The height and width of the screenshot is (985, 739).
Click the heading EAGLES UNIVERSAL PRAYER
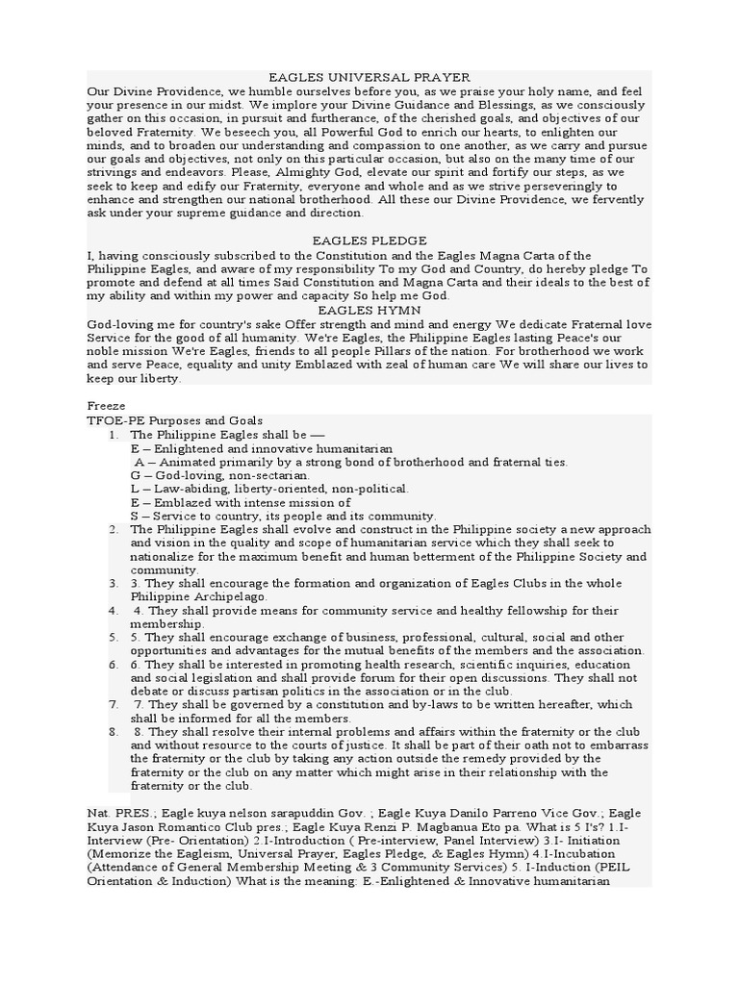[x=369, y=77]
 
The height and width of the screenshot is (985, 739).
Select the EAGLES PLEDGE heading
[x=369, y=240]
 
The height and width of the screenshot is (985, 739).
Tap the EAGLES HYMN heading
[x=369, y=310]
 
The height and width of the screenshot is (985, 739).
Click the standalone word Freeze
[x=105, y=406]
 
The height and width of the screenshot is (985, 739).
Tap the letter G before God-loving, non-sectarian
[x=136, y=475]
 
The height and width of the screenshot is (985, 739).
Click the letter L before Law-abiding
[x=136, y=489]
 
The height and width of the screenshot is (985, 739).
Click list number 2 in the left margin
[x=114, y=529]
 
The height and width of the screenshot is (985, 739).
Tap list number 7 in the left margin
[x=114, y=704]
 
